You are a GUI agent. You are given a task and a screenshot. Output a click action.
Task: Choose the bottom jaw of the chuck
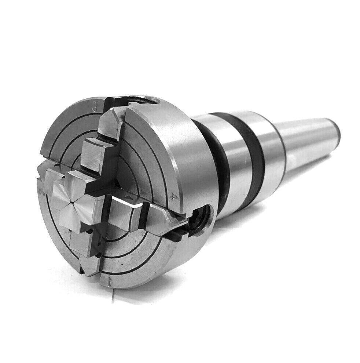pyautogui.click(x=88, y=253)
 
